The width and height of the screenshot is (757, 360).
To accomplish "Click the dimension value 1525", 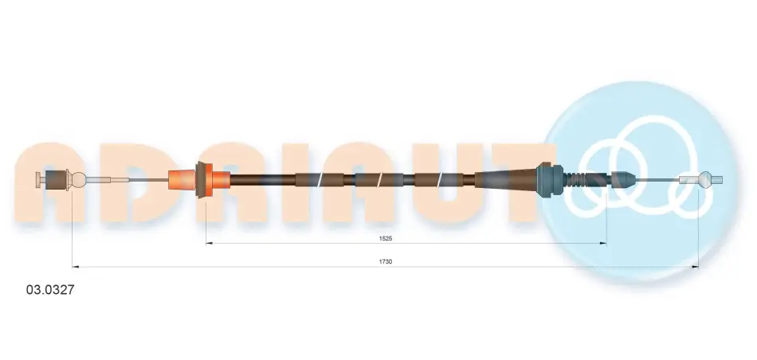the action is click(385, 238).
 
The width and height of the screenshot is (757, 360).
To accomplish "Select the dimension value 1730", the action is click(385, 261).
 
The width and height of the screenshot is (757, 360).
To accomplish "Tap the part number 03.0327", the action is click(50, 290).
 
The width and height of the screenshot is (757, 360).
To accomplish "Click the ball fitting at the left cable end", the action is click(76, 180).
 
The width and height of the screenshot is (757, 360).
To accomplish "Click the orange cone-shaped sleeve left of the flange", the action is click(182, 180).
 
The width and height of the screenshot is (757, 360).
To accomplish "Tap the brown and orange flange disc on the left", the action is click(205, 180).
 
